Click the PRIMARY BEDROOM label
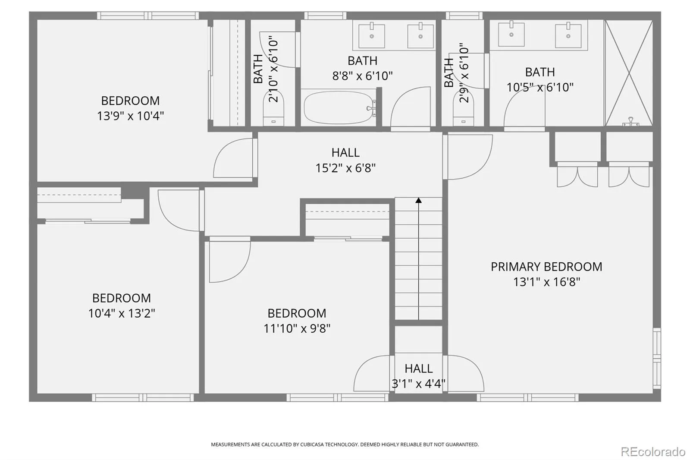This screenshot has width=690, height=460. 546,267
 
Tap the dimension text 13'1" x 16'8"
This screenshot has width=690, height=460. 546,282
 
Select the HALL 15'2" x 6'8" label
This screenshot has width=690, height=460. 345,160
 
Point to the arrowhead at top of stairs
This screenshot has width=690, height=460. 418,200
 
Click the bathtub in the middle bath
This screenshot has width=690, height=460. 339,107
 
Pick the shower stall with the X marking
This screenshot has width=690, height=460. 629,73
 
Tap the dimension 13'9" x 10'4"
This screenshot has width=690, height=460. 130,116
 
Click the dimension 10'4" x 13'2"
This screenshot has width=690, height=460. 121,313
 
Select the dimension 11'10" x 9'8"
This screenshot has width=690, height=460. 297,328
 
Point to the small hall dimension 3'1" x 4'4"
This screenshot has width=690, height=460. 418,384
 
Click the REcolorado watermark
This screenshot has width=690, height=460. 653,452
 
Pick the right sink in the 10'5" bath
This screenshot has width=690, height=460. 568,35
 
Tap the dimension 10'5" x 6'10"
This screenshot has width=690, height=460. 540,87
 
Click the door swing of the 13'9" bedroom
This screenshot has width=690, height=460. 233,158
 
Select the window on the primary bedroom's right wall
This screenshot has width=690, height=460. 657,358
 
